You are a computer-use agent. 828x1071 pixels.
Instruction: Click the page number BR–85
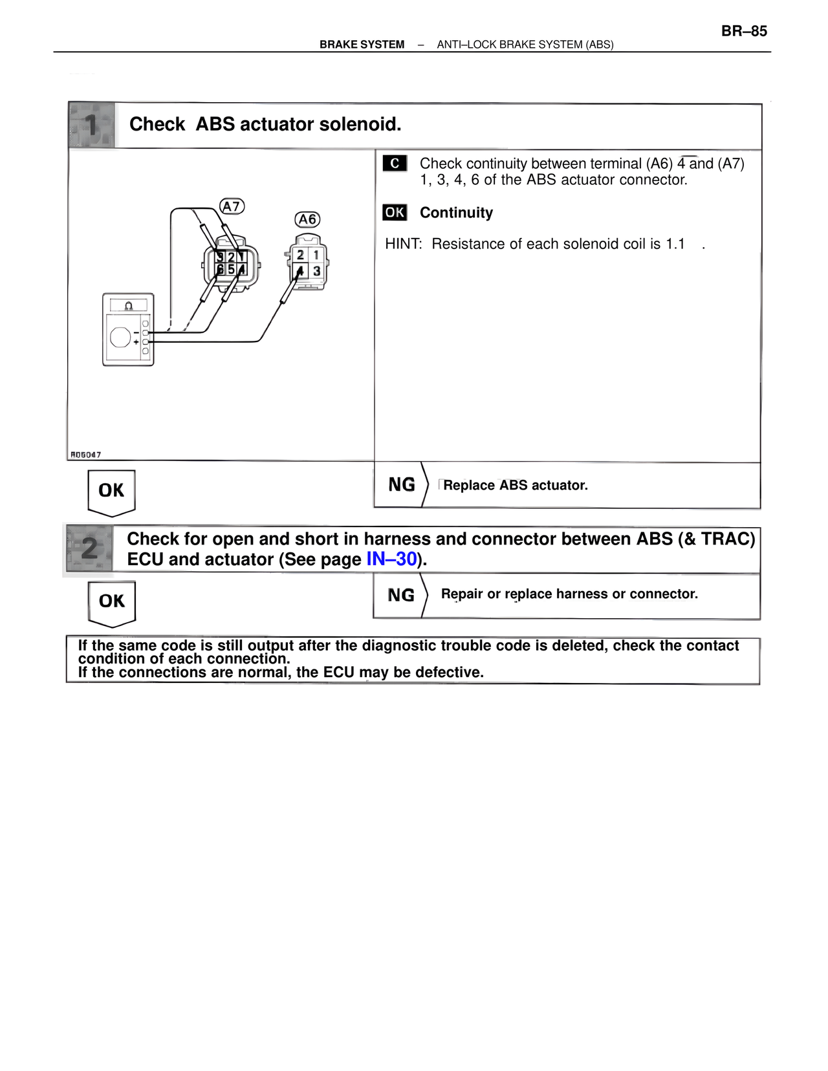click(744, 31)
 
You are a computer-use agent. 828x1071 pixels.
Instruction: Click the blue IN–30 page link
click(391, 559)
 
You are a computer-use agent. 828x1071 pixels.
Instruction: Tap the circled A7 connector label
click(232, 206)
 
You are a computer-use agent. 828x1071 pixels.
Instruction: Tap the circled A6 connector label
click(307, 220)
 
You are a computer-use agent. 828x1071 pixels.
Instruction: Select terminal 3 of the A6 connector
click(317, 271)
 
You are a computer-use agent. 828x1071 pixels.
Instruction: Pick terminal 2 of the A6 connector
click(300, 255)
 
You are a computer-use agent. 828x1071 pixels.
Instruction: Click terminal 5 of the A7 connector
click(231, 269)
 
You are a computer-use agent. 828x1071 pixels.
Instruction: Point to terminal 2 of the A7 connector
click(231, 257)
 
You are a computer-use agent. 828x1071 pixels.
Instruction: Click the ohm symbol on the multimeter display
click(129, 305)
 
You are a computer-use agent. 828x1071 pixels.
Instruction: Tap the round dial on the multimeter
click(120, 337)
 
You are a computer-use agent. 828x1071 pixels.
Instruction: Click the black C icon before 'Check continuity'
click(395, 164)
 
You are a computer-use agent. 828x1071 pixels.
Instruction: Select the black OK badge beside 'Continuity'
click(395, 213)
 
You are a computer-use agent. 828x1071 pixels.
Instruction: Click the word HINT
click(403, 244)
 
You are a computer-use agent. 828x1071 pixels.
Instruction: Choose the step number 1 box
click(92, 125)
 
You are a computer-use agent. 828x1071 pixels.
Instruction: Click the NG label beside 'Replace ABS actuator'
click(402, 485)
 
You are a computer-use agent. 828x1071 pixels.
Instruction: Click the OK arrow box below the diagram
click(111, 492)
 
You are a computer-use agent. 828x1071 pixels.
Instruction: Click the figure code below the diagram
click(85, 455)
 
